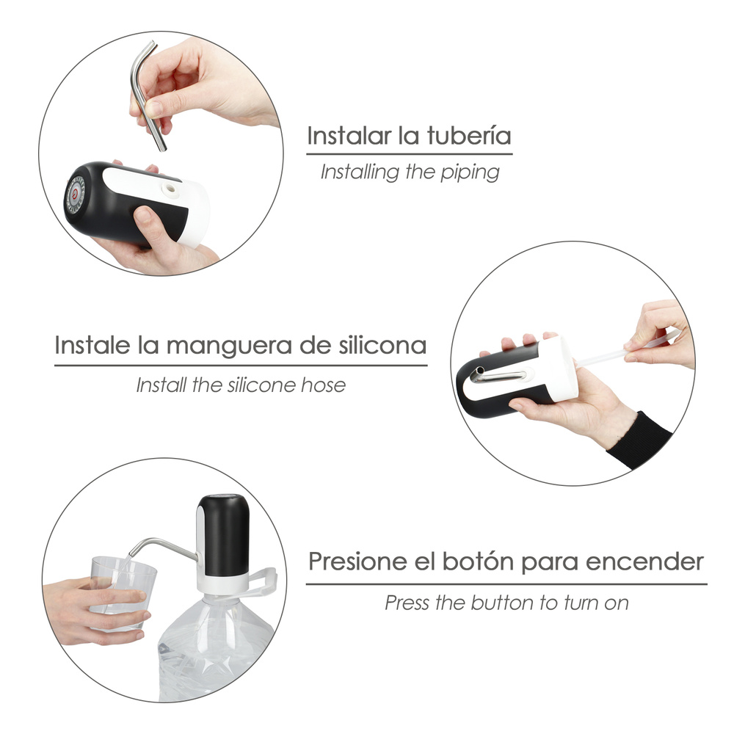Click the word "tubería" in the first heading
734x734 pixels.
(468, 136)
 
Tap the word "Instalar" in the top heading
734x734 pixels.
(349, 136)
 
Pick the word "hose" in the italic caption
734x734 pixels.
(323, 385)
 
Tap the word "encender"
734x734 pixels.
(644, 562)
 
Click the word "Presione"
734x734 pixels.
(357, 561)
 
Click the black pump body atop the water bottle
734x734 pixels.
(224, 535)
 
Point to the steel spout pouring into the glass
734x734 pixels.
(162, 548)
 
